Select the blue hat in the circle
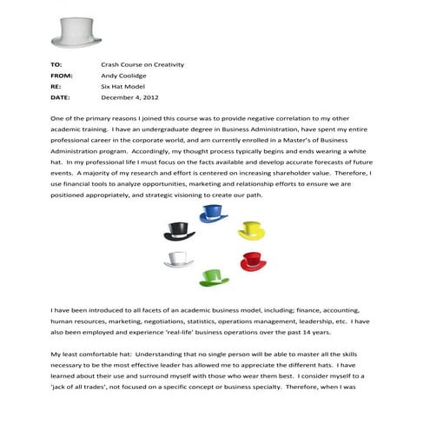click(x=213, y=214)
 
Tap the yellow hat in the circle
click(x=250, y=231)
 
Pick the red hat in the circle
click(x=253, y=261)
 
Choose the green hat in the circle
click(x=214, y=277)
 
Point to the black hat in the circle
click(x=178, y=231)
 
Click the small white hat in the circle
click(x=178, y=260)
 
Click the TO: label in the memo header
click(x=56, y=65)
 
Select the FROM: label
click(x=62, y=76)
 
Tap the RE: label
click(x=56, y=88)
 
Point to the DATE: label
click(x=60, y=99)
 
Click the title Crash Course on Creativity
click(x=143, y=65)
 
